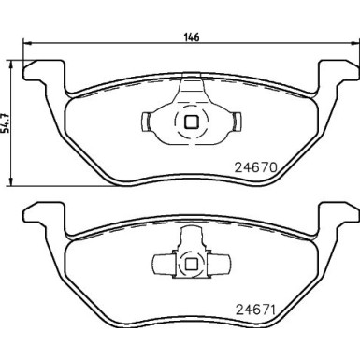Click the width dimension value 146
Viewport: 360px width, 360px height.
click(190, 37)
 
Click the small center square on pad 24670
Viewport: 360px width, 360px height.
click(190, 121)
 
